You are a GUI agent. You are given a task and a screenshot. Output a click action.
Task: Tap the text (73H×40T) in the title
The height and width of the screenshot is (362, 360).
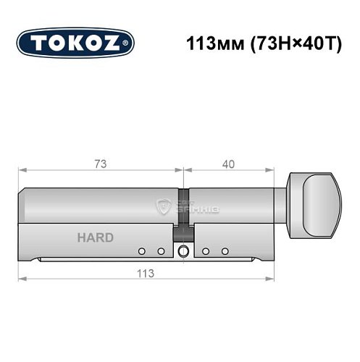coord(281,43)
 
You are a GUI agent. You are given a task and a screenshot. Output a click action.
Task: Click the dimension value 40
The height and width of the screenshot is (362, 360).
coord(229,164)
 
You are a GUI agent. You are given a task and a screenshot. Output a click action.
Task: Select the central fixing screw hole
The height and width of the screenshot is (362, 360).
coord(182,251)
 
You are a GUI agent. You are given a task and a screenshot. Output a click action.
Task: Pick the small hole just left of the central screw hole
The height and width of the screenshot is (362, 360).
coord(161,251)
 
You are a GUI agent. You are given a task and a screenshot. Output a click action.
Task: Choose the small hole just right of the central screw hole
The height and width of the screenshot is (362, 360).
coord(206,251)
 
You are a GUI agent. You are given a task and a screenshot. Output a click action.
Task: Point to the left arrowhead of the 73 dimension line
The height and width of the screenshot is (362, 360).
coord(22,172)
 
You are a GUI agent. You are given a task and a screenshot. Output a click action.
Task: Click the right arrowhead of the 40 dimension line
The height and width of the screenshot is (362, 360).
coord(275,172)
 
